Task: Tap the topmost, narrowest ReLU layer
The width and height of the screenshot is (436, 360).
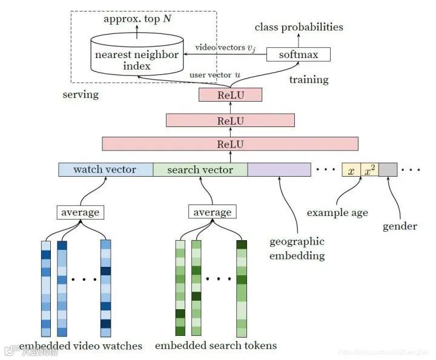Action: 230,95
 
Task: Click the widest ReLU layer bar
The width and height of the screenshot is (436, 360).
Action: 230,144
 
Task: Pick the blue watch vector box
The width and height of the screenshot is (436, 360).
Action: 105,169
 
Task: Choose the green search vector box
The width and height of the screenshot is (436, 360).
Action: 200,169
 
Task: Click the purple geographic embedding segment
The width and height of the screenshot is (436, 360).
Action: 279,169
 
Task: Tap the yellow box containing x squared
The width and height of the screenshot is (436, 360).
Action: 370,170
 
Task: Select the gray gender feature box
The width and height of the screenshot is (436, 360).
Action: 388,170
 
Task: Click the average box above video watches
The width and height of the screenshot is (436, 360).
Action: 80,212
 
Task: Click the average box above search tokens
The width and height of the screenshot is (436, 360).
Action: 212,212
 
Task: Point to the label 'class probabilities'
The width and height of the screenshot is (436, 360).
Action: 299,27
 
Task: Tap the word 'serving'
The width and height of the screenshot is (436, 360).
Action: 81,95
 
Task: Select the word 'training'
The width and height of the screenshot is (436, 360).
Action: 309,79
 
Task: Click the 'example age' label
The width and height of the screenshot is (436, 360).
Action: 337,212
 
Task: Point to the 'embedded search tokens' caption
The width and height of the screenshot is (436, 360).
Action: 216,346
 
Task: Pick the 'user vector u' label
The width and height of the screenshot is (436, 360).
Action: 214,74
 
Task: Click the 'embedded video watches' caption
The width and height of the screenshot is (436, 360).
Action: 81,346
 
